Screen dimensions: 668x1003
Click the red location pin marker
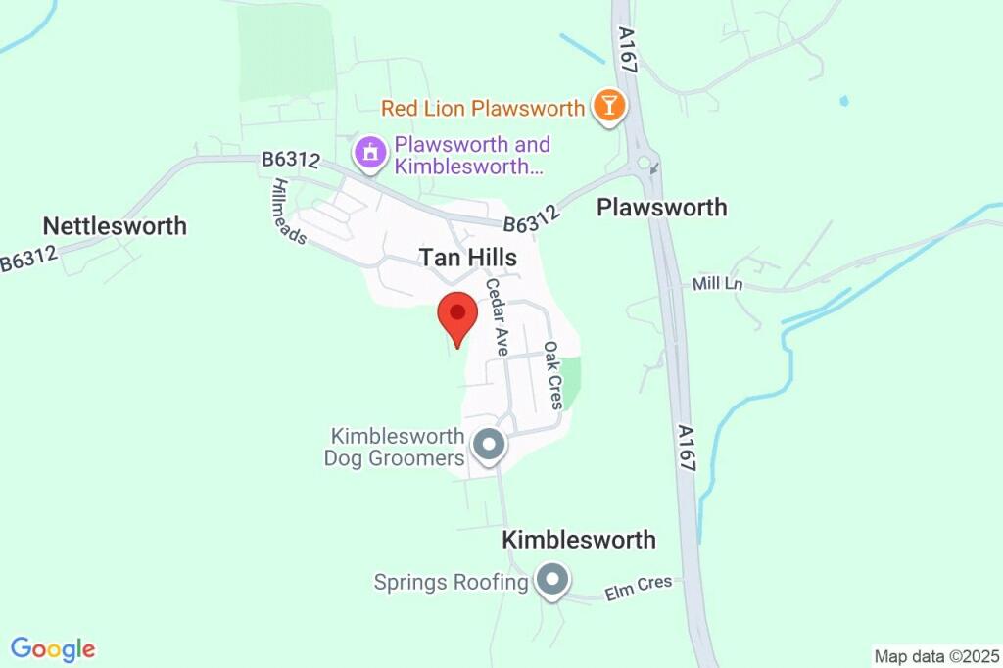pos(456,315)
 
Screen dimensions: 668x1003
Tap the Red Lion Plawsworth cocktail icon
pos(608,107)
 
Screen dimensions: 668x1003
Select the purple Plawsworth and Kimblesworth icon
pos(370,152)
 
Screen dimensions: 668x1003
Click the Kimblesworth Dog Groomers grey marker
pos(489,446)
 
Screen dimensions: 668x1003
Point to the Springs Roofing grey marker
pos(552,581)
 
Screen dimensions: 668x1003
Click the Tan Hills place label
pos(468,257)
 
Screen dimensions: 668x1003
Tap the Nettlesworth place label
pos(115,226)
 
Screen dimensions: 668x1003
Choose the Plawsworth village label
pos(662,208)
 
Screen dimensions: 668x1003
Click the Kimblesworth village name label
pos(579,540)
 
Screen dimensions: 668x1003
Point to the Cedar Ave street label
pos(497,316)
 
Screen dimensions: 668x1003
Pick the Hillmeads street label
pos(290,212)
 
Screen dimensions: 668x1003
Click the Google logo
pos(53,648)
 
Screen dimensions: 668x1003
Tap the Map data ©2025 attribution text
pos(935,656)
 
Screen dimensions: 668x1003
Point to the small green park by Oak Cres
pos(571,381)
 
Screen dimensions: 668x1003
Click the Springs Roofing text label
pos(451,583)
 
